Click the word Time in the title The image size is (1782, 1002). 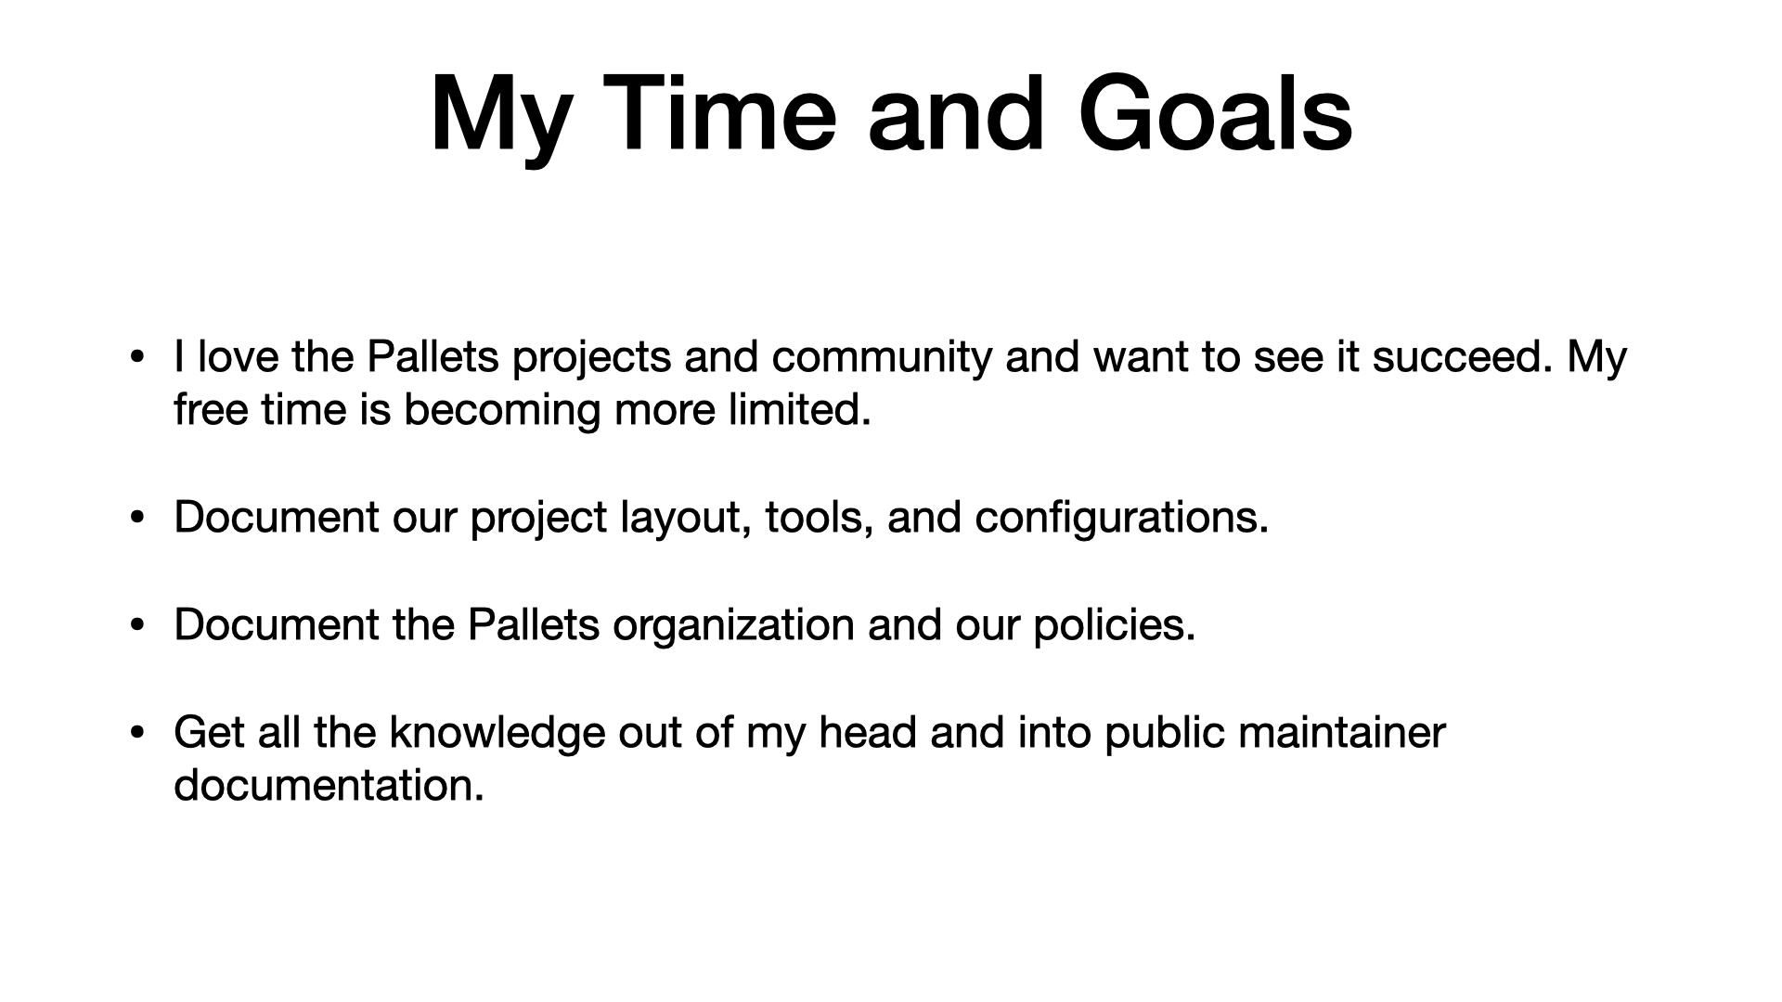pos(721,113)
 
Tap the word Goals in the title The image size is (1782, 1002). pos(1215,113)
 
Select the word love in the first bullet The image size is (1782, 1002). pos(238,356)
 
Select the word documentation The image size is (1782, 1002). pos(329,785)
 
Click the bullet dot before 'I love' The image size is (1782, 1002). pos(138,357)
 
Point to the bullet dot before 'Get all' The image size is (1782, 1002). pos(138,733)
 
